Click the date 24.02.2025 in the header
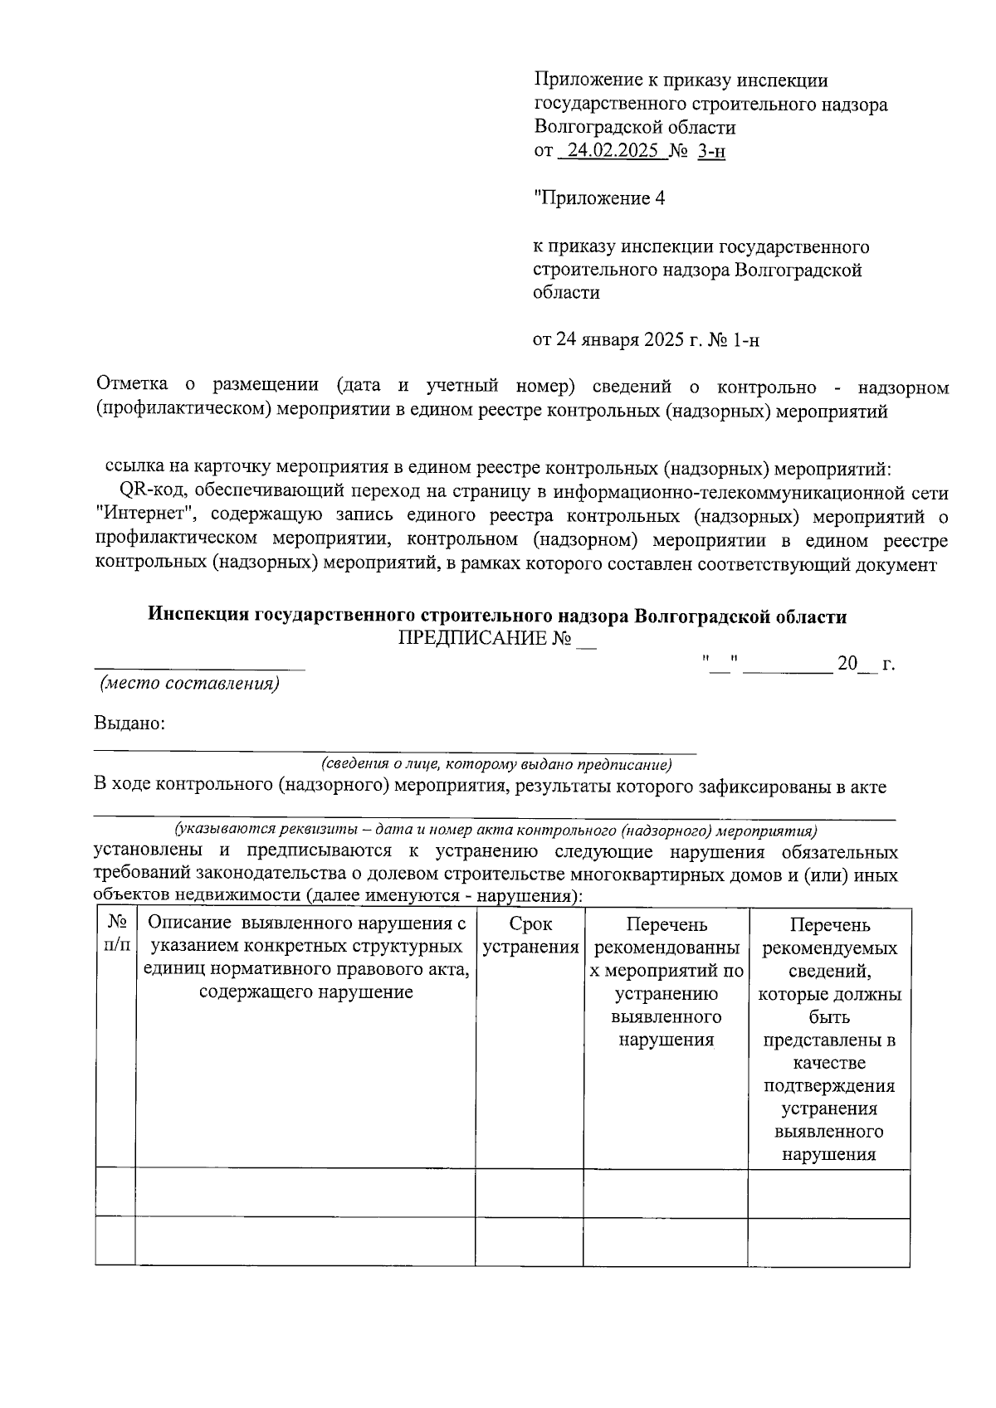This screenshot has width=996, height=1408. (x=613, y=152)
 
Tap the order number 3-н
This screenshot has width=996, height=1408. (x=711, y=152)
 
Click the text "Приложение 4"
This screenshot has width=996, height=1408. (x=599, y=199)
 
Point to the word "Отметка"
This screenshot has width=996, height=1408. (x=132, y=385)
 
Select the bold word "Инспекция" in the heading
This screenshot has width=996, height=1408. (x=198, y=616)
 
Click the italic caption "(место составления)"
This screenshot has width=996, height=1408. (x=189, y=685)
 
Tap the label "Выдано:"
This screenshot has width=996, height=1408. (x=129, y=723)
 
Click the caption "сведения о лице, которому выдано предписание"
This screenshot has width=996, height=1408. (x=496, y=764)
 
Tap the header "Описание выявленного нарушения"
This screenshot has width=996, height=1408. (x=305, y=924)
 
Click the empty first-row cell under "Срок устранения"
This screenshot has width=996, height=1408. (x=529, y=1194)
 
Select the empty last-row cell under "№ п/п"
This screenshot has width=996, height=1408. (x=115, y=1241)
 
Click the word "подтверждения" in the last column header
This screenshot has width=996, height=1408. (x=828, y=1086)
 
